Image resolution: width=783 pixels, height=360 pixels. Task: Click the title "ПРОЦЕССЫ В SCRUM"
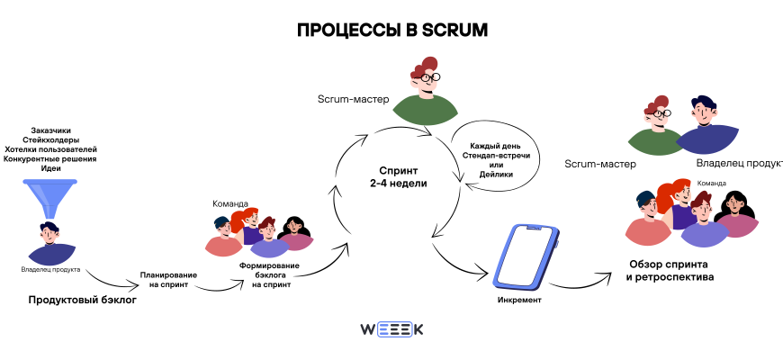coord(391,30)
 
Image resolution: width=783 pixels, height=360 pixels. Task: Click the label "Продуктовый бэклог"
coord(82,300)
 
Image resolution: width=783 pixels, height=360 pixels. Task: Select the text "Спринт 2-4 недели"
coord(397,175)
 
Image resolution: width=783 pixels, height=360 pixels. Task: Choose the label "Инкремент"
coord(519,300)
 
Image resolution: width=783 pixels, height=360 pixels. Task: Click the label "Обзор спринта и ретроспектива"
coord(670,271)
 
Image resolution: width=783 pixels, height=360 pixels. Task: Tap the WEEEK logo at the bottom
coord(391,329)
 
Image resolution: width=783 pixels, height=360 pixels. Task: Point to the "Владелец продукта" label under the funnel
coord(50,269)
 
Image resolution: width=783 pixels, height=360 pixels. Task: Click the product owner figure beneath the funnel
coord(50,244)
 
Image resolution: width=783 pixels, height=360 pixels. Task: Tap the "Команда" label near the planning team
coord(230,203)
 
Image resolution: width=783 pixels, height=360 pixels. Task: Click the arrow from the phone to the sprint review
coord(585,281)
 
